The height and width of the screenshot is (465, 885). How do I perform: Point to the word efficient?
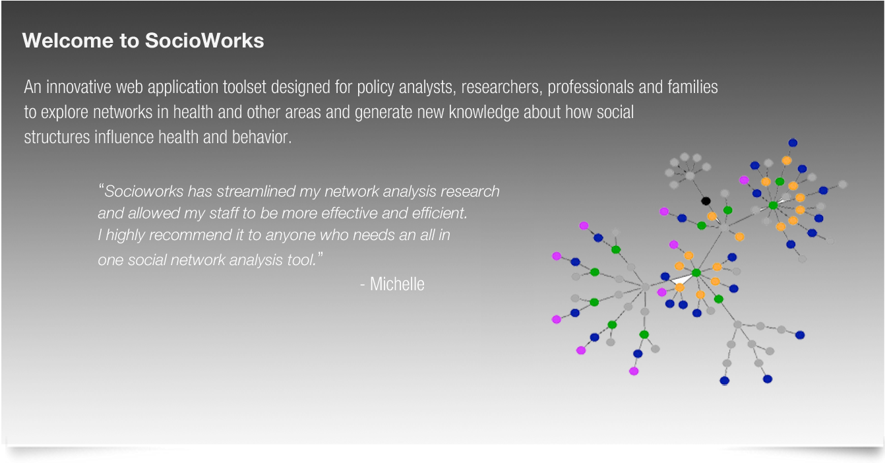coord(442,214)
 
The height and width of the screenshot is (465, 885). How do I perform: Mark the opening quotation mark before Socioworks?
coord(102,189)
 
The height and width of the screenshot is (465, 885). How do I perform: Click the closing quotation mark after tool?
coord(320,255)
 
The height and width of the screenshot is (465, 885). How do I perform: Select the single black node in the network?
coord(706,201)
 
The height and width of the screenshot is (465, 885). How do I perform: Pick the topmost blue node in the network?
coord(793,142)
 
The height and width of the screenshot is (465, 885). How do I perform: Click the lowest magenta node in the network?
coord(634,371)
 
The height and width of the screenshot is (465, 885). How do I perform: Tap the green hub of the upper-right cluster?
coord(773,206)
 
